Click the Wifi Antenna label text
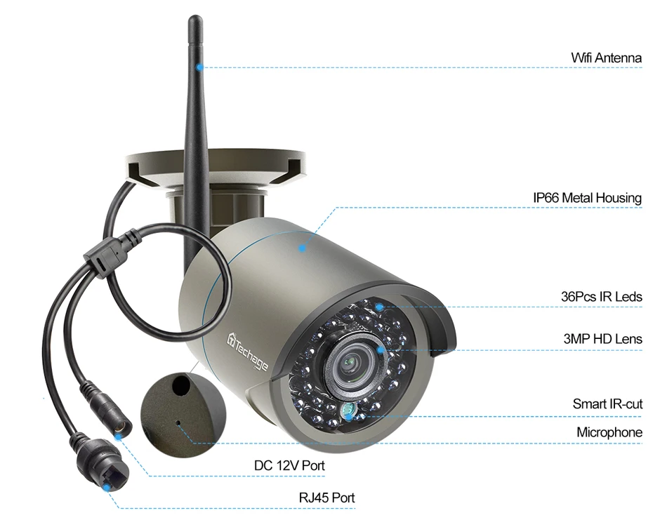click(606, 58)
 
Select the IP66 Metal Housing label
click(587, 198)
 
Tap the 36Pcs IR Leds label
click(602, 297)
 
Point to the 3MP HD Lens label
click(602, 339)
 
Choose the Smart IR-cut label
click(607, 404)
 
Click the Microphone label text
click(609, 432)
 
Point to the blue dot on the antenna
click(200, 67)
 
